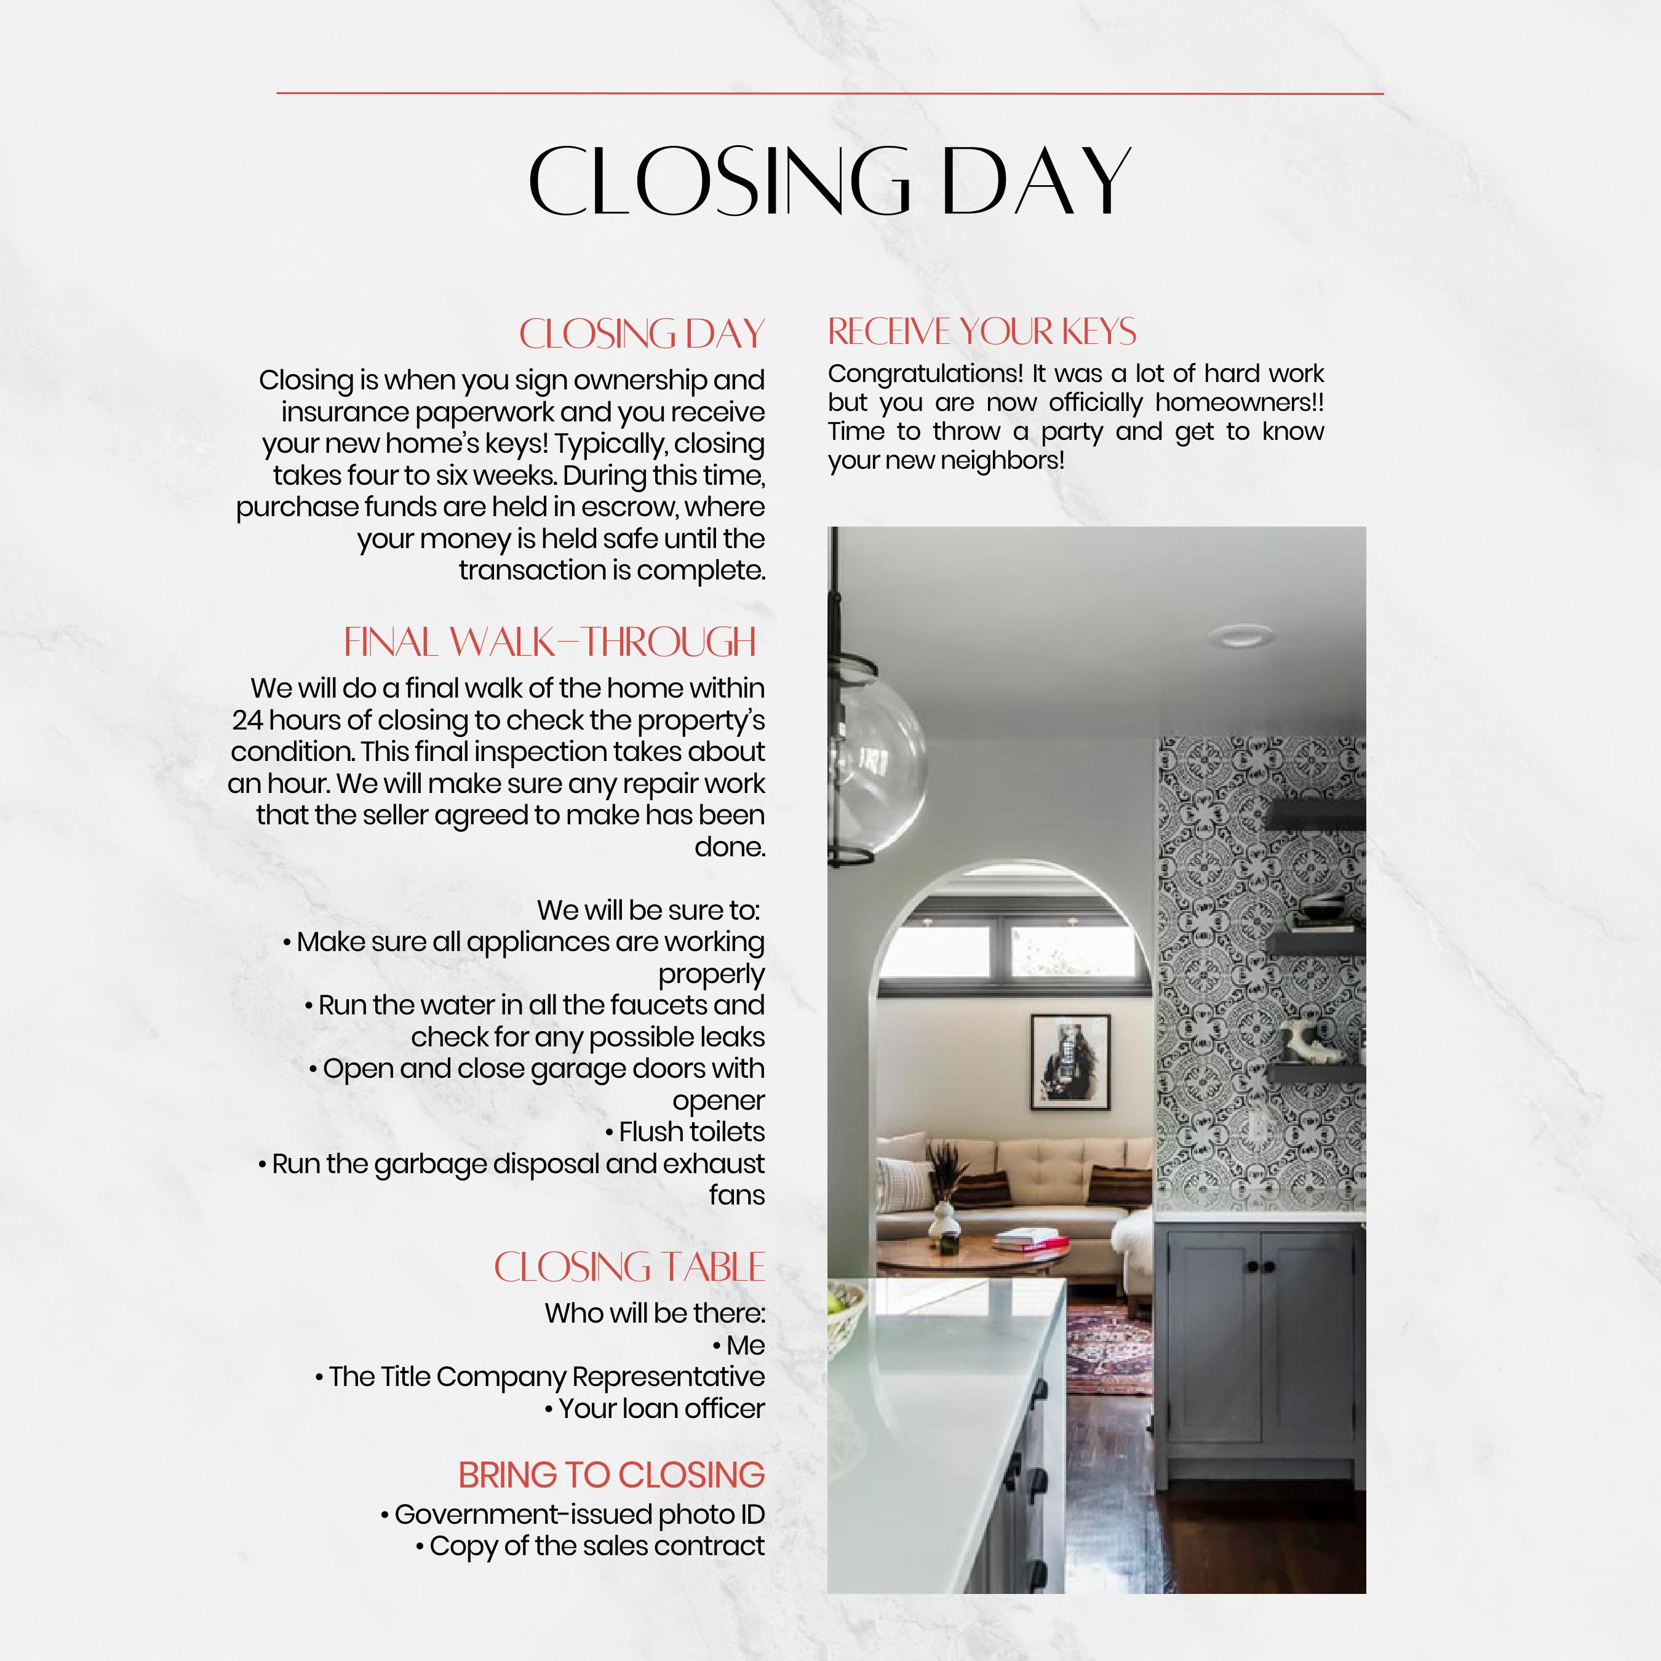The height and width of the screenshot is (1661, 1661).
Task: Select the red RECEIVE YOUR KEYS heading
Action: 982,332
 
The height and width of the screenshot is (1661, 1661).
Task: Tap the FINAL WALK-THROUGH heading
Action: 550,642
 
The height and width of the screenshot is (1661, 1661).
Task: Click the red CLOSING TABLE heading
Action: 629,1268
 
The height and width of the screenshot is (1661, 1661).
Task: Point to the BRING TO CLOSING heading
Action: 611,1475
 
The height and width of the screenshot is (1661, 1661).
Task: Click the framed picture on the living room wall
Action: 1070,1062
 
